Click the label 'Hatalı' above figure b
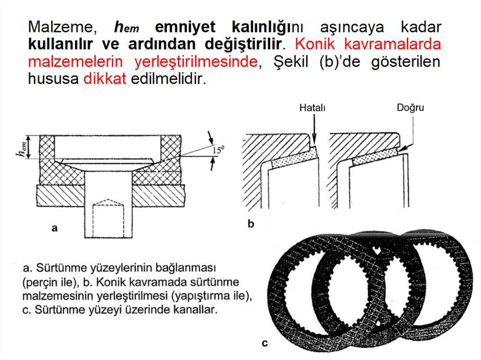[312, 108]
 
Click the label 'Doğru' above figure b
[411, 108]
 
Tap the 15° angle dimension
[218, 150]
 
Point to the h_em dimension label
[22, 148]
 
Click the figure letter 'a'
[54, 228]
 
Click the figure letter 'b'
[251, 224]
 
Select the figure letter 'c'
[265, 343]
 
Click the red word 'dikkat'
[105, 78]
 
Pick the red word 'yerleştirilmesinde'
[196, 61]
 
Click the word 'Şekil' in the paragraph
[291, 62]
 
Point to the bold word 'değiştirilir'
[243, 45]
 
